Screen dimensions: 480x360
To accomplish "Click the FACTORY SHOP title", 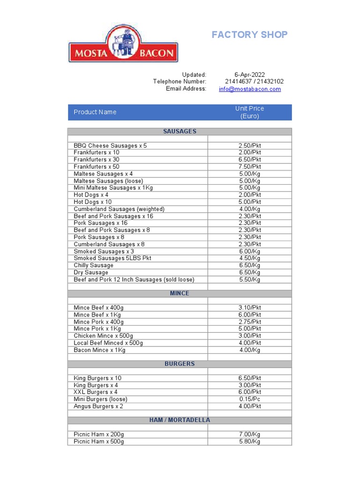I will point(249,35).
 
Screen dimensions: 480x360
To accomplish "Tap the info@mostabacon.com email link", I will point(249,89).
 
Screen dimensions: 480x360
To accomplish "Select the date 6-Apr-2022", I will point(249,75).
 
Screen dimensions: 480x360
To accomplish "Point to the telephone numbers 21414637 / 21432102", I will point(254,82).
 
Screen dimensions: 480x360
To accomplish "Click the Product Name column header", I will point(95,112).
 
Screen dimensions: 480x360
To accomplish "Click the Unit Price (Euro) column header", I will point(249,112).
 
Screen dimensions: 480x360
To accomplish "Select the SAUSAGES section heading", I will point(180,132).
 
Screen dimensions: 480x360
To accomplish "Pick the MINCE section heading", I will point(180,293).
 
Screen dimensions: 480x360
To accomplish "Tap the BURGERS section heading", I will point(180,364).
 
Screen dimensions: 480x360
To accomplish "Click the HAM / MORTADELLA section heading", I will point(180,420).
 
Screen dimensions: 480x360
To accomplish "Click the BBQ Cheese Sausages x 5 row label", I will point(110,146).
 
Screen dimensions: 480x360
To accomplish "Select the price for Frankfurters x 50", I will point(249,167).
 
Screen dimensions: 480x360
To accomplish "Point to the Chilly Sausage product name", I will point(94,265).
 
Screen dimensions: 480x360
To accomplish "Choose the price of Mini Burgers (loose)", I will point(249,399).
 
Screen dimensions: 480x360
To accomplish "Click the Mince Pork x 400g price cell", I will point(249,322).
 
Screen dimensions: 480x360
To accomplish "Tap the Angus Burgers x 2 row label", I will point(98,406).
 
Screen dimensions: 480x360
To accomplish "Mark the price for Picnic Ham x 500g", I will point(249,442).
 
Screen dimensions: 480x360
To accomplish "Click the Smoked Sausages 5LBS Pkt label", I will point(112,258).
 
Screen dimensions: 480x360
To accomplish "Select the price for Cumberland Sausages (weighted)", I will point(249,209).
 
